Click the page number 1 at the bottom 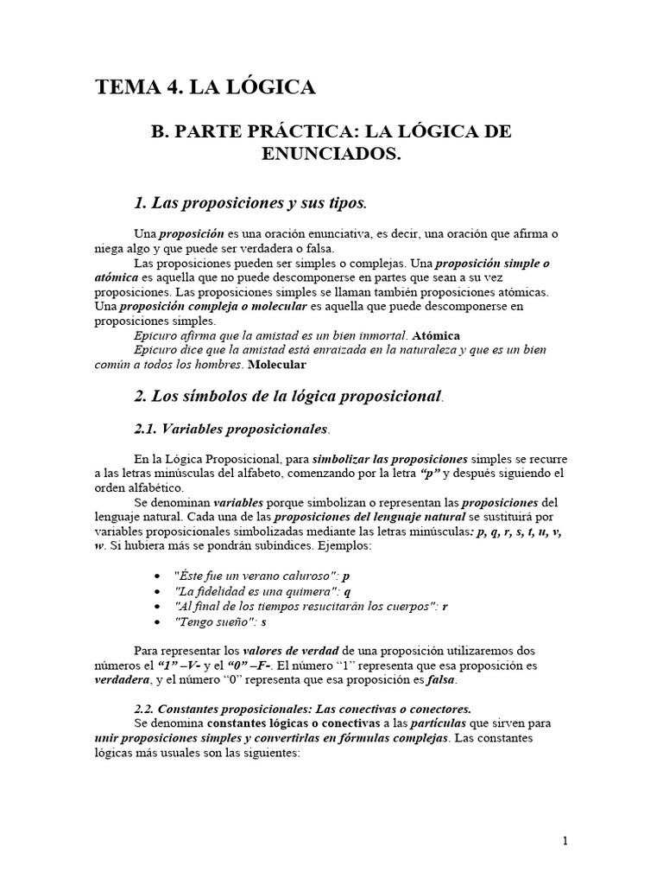point(565,841)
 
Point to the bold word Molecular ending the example point(281,365)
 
